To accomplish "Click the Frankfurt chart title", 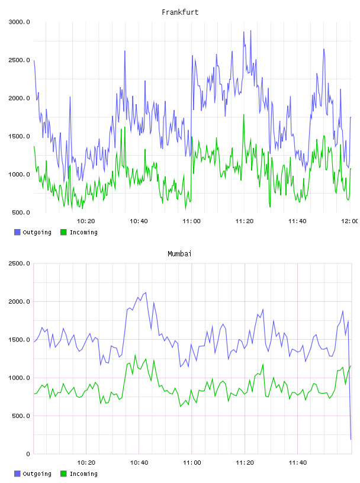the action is pyautogui.click(x=180, y=12).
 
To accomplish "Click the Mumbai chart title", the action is pyautogui.click(x=179, y=254).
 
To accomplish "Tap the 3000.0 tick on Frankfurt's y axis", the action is pyautogui.click(x=19, y=22).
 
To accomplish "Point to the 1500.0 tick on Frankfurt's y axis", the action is pyautogui.click(x=19, y=137).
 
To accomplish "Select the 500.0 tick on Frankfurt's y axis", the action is pyautogui.click(x=21, y=212).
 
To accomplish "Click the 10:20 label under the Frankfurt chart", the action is pyautogui.click(x=86, y=221).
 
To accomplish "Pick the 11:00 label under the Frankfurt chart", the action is pyautogui.click(x=191, y=221).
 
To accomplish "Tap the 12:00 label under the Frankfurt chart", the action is pyautogui.click(x=349, y=221).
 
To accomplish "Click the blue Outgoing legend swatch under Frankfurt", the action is pyautogui.click(x=17, y=232).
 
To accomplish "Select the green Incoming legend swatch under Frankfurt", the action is pyautogui.click(x=63, y=232).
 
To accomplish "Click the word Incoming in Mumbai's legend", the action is pyautogui.click(x=83, y=474).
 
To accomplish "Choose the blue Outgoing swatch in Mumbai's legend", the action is pyautogui.click(x=17, y=474).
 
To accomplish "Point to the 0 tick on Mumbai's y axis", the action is pyautogui.click(x=28, y=454).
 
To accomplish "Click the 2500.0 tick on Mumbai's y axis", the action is pyautogui.click(x=19, y=263).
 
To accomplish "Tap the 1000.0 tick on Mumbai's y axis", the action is pyautogui.click(x=19, y=378).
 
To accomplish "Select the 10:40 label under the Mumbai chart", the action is pyautogui.click(x=139, y=463).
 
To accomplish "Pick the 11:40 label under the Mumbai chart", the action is pyautogui.click(x=297, y=463).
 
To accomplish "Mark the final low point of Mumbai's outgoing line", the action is pyautogui.click(x=351, y=440).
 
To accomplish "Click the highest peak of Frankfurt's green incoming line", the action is pyautogui.click(x=244, y=115).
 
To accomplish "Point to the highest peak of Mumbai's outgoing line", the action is pyautogui.click(x=146, y=292).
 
